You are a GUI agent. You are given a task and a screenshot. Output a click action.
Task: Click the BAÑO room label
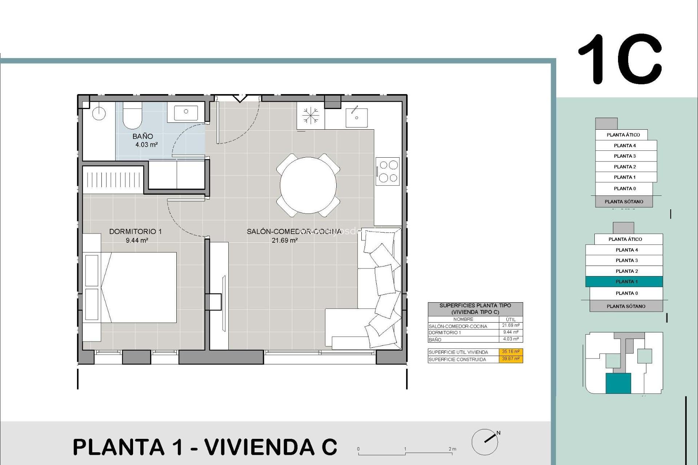coord(143,137)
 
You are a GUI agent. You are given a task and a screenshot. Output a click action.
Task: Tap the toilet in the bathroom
coord(132,116)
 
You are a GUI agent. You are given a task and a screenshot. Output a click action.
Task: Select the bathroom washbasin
coord(186,112)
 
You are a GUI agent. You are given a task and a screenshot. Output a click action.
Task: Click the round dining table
coord(308,185)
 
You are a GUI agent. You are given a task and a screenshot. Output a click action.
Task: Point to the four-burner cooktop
coord(388,171)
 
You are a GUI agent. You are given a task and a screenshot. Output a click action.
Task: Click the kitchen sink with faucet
coord(356,117)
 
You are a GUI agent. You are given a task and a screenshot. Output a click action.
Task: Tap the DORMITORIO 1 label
coord(135,231)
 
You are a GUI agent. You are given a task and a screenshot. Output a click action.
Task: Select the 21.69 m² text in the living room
coord(285,240)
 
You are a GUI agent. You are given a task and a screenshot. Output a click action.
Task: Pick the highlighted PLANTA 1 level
coord(624,282)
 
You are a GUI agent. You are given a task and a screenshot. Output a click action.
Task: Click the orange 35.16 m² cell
coord(510,352)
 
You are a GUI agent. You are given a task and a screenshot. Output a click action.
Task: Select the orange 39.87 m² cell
coord(510,359)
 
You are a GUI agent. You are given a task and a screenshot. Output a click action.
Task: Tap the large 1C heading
coord(620,59)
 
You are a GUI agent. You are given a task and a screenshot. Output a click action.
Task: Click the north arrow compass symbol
coord(486,441)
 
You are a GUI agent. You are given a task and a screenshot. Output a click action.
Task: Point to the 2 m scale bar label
coord(452,449)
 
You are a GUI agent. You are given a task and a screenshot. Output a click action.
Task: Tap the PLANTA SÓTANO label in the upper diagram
coord(623,202)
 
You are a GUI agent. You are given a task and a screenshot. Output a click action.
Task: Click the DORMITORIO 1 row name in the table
coord(445,333)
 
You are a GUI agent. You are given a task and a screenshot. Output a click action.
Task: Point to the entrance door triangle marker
coord(240,98)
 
